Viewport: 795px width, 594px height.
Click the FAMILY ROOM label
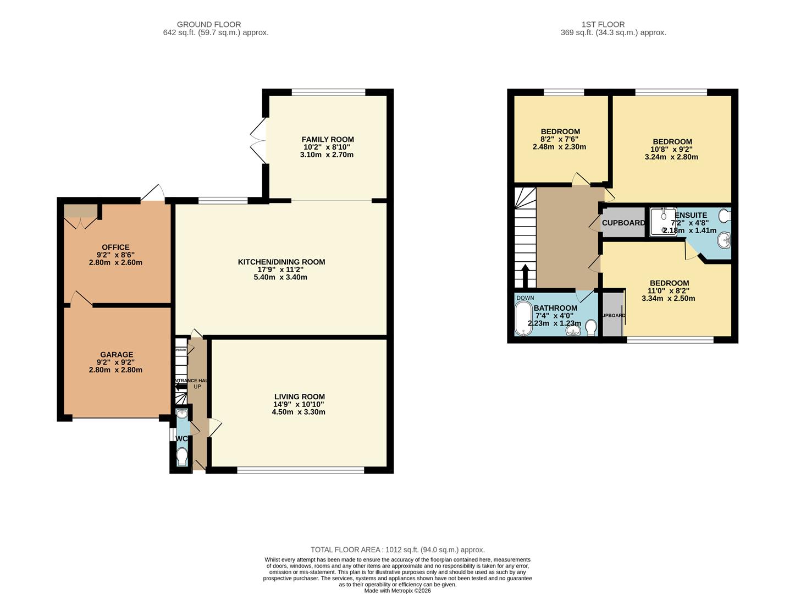pos(327,140)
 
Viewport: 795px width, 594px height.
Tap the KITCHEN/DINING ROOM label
pos(281,262)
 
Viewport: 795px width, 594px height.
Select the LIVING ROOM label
pos(299,397)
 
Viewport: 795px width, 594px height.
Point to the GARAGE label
pos(116,355)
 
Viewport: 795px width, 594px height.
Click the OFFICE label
pos(115,248)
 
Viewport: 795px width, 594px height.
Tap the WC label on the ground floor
pos(181,439)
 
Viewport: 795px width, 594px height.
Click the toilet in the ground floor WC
pos(182,457)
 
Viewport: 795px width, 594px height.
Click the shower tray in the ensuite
pos(662,222)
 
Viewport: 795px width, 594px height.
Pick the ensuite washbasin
pos(725,240)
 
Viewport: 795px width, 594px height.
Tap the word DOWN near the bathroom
pos(525,298)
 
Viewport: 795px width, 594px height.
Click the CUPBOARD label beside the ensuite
pos(623,223)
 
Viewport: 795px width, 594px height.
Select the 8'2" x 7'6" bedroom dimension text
pos(560,139)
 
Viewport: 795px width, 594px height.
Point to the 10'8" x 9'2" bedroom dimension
pos(671,149)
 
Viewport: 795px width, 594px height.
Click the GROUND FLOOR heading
pos(209,24)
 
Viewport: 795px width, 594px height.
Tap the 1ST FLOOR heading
pos(603,24)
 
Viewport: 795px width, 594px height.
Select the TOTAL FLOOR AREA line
pos(398,549)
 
